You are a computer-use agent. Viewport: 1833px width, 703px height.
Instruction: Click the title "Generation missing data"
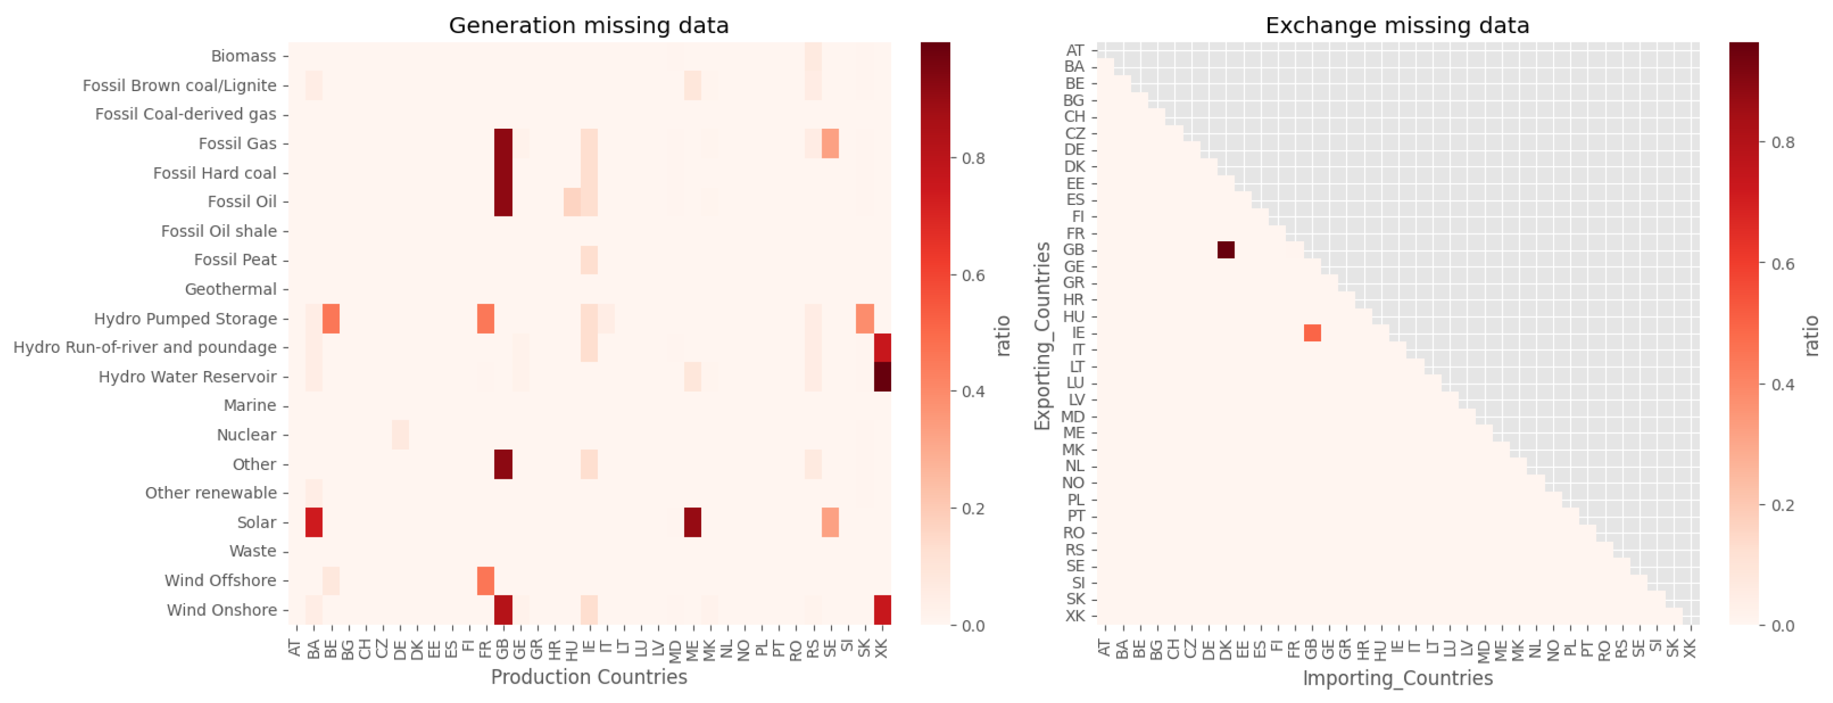[589, 25]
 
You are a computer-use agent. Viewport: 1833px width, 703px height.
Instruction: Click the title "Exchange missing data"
[1397, 25]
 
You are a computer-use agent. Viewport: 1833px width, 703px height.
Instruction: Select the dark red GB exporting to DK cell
[1225, 250]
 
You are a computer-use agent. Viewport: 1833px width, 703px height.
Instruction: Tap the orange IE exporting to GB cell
[1312, 333]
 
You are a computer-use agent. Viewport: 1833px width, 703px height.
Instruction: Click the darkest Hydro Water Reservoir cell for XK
[882, 377]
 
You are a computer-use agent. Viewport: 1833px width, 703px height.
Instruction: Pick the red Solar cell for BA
[314, 522]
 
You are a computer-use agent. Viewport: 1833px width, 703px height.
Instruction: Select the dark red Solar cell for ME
[692, 522]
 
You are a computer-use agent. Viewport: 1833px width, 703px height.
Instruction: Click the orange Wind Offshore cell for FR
[486, 580]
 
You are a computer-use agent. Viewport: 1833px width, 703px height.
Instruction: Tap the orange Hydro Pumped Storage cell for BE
[331, 319]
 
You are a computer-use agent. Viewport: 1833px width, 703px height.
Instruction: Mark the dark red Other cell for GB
[503, 464]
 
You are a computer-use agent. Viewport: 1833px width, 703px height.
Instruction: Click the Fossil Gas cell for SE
[830, 144]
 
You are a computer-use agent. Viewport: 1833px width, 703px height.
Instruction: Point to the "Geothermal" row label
[231, 289]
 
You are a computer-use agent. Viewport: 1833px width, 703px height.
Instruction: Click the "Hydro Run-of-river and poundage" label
[145, 347]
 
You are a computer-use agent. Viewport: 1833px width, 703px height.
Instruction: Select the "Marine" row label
[250, 405]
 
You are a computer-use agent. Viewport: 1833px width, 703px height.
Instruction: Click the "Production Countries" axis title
[589, 676]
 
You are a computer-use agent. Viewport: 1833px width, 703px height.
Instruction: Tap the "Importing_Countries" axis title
[1397, 678]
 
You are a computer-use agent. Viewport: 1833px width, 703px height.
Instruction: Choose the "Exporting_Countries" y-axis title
[1042, 336]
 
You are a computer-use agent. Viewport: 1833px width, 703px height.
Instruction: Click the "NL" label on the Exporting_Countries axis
[1074, 466]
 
